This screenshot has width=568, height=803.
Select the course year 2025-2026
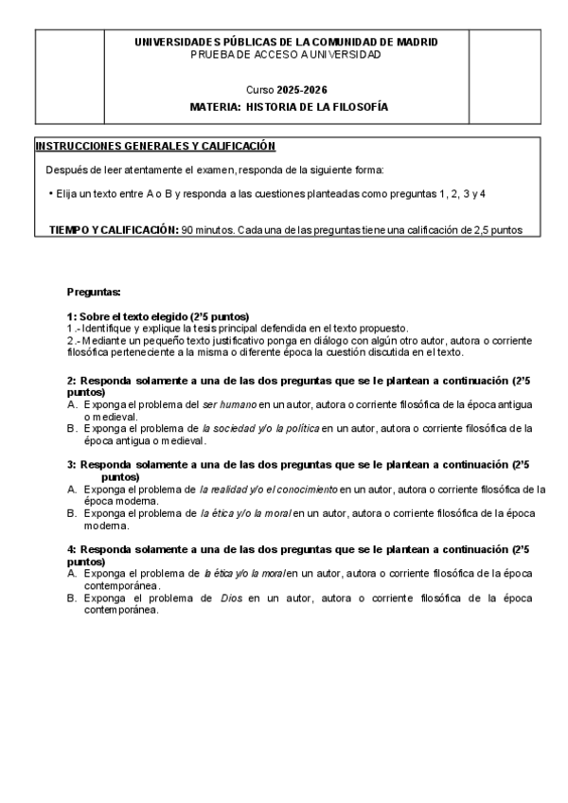coord(301,89)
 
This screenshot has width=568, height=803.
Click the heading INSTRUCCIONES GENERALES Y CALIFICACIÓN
coord(154,146)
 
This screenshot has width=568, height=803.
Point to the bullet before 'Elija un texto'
coord(49,193)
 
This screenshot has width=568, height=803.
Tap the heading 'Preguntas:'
coord(94,292)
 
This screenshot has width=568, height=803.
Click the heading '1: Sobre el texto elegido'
coord(157,316)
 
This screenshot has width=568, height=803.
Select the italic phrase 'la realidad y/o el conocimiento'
coord(268,490)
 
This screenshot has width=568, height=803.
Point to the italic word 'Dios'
coord(232,598)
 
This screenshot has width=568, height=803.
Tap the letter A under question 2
coord(73,404)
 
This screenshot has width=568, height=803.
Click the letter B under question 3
coord(73,513)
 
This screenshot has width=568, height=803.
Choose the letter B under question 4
coord(73,598)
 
